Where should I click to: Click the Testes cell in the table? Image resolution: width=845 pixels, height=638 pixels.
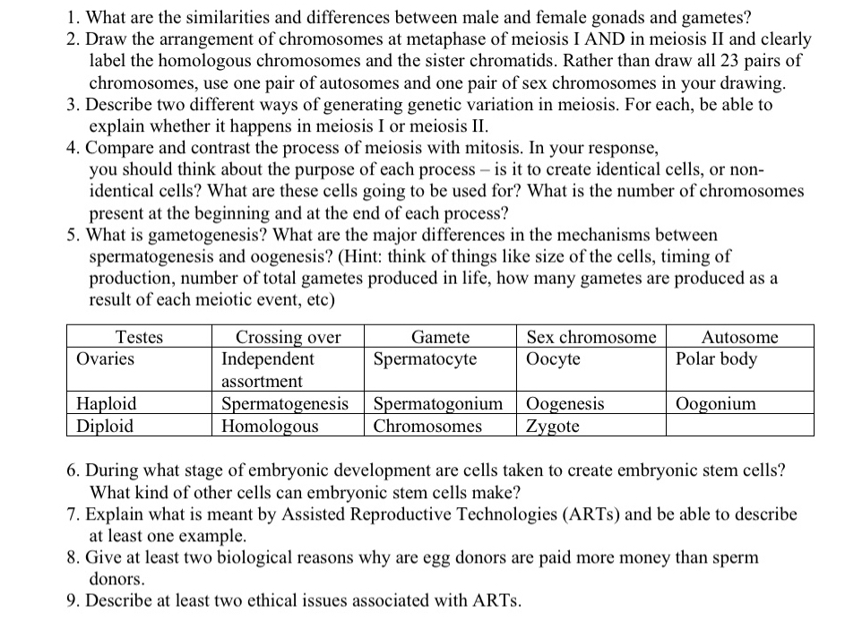click(140, 337)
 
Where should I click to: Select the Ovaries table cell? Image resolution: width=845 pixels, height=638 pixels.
click(106, 358)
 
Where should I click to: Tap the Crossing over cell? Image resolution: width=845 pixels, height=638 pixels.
click(288, 337)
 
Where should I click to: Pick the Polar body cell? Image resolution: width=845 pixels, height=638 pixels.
click(717, 358)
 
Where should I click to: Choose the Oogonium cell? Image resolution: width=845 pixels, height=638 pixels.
click(718, 404)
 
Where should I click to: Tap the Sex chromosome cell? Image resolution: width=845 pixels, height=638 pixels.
click(591, 337)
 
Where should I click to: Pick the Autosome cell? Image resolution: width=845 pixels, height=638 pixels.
click(739, 337)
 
